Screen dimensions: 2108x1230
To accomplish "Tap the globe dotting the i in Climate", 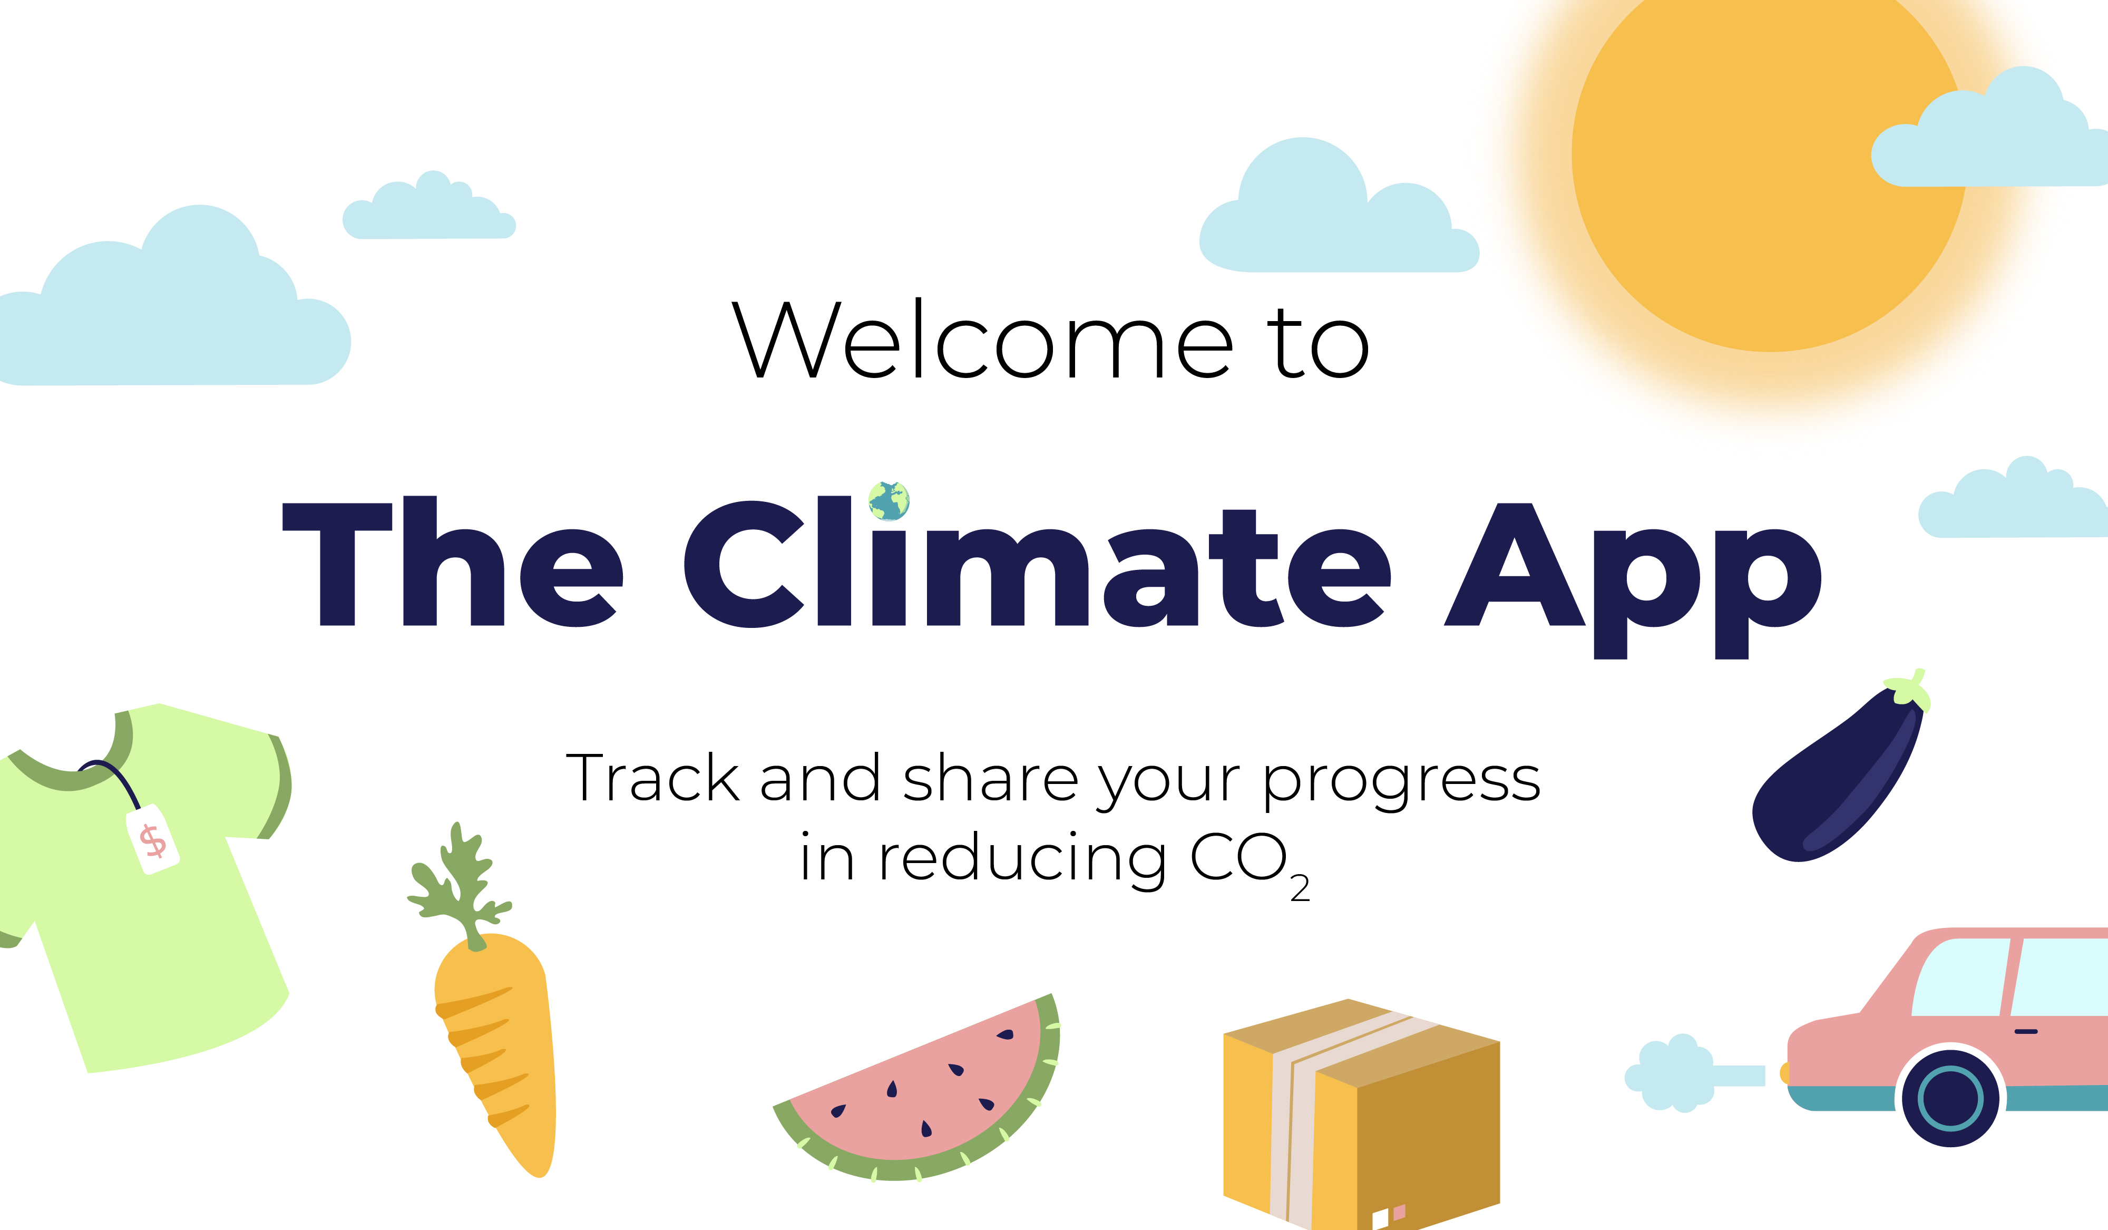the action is pos(889,500).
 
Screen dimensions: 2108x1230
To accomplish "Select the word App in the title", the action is pos(1632,580).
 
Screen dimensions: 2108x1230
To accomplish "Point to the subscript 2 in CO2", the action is pos(1300,888).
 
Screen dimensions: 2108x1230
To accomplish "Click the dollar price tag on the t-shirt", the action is pos(152,839).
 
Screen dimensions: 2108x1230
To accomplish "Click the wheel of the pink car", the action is pos(1951,1098).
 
